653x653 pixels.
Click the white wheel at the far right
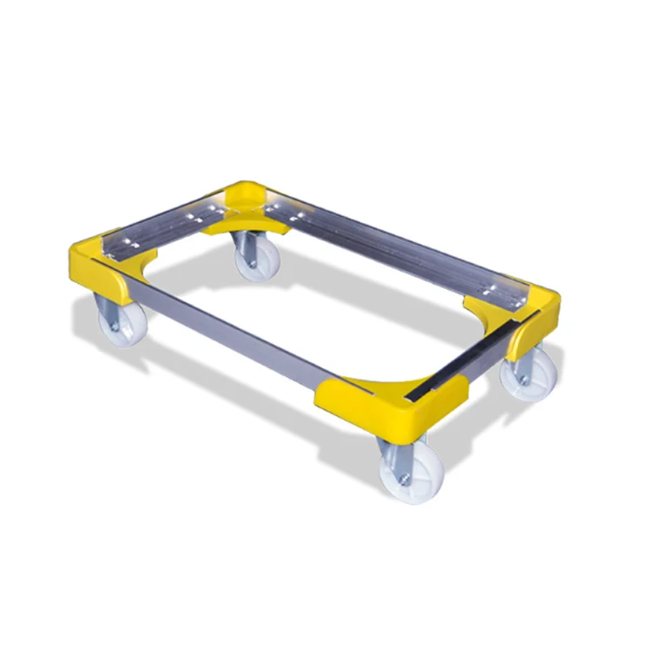532,375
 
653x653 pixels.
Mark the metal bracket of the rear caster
244,247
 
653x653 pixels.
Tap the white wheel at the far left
117,323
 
